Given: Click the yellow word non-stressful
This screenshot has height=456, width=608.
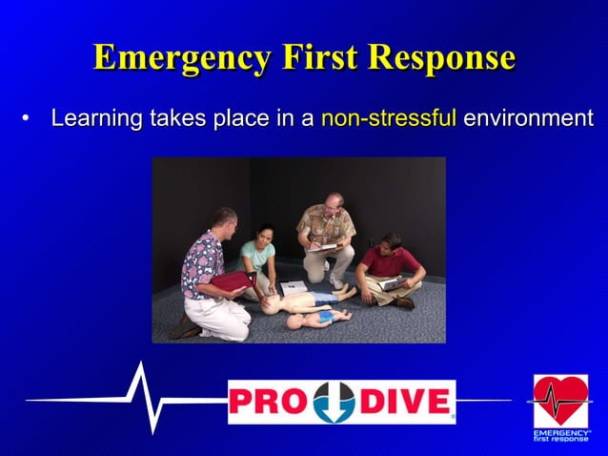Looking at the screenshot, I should (x=389, y=120).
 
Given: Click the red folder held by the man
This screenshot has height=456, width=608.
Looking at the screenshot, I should (x=231, y=281).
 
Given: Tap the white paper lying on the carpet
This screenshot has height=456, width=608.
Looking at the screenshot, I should (x=294, y=286).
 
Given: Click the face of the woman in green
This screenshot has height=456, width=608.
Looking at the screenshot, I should (x=262, y=234).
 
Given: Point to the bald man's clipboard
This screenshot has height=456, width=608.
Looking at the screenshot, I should (x=327, y=247).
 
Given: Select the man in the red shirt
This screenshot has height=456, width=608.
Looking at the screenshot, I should (x=389, y=267).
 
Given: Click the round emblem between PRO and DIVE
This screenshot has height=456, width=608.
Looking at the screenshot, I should (x=334, y=402).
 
